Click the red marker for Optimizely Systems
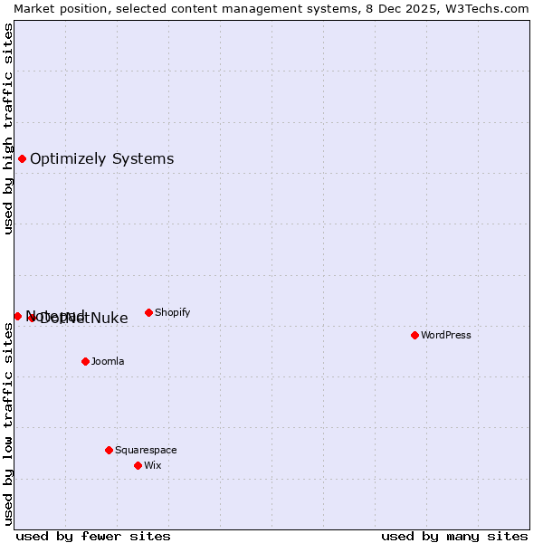22,159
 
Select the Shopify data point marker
148,312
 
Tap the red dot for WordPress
414,335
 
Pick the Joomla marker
85,361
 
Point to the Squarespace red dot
109,450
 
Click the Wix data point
138,465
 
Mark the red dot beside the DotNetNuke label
32,318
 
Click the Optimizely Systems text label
101,159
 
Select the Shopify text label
172,312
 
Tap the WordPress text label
445,335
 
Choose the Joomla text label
108,361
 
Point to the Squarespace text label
146,450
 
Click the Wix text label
152,465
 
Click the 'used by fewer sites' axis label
93,536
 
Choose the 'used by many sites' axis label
454,536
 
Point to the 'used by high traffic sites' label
8,129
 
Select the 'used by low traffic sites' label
8,424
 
